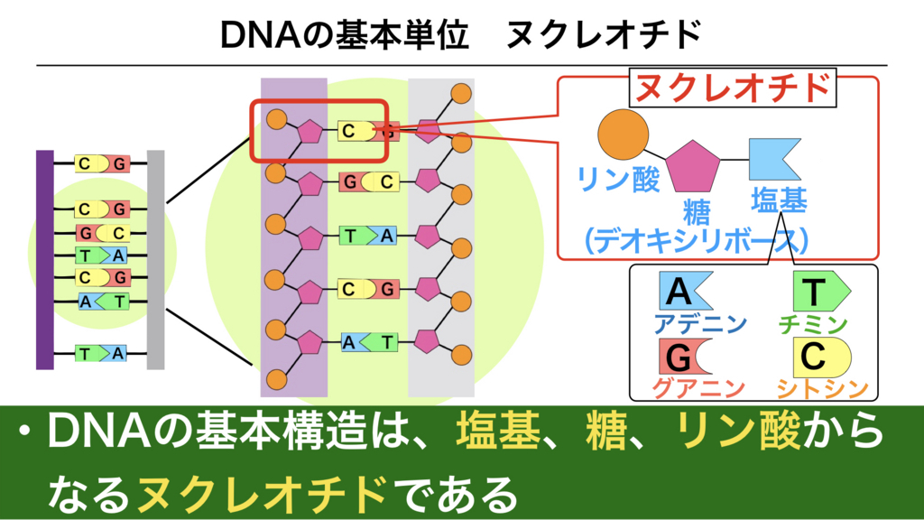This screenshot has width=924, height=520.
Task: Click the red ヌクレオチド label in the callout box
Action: tap(733, 88)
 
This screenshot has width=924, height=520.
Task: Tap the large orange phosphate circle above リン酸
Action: tap(623, 135)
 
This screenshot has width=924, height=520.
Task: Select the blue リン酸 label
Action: tap(618, 179)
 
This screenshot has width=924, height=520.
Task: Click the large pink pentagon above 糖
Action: tap(693, 166)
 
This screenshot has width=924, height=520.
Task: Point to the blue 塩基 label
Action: tap(779, 200)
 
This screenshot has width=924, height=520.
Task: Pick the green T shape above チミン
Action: tap(821, 291)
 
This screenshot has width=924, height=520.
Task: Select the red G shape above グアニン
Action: tap(685, 356)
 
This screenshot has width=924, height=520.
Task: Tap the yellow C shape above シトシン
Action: tap(821, 357)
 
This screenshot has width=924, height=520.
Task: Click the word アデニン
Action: tap(700, 324)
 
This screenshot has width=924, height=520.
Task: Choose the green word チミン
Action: tap(813, 324)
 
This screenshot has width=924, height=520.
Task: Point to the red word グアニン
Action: tap(699, 388)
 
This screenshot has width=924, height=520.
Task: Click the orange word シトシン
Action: tap(823, 388)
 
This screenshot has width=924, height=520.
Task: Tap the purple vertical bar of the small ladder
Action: tap(45, 260)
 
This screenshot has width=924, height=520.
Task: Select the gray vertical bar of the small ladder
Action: tap(155, 260)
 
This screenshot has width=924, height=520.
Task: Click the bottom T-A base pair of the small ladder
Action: tap(101, 354)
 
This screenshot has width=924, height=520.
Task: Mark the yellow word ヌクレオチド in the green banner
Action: tap(263, 494)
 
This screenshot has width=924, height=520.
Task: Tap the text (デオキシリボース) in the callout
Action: tap(696, 240)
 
